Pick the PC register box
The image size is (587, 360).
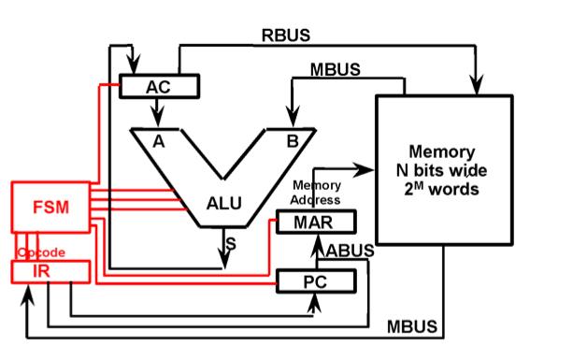pyautogui.click(x=317, y=281)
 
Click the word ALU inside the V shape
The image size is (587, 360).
pyautogui.click(x=225, y=203)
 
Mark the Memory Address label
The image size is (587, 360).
pyautogui.click(x=316, y=193)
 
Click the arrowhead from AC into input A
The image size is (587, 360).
pyautogui.click(x=158, y=120)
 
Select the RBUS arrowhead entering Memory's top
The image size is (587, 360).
pyautogui.click(x=479, y=85)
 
